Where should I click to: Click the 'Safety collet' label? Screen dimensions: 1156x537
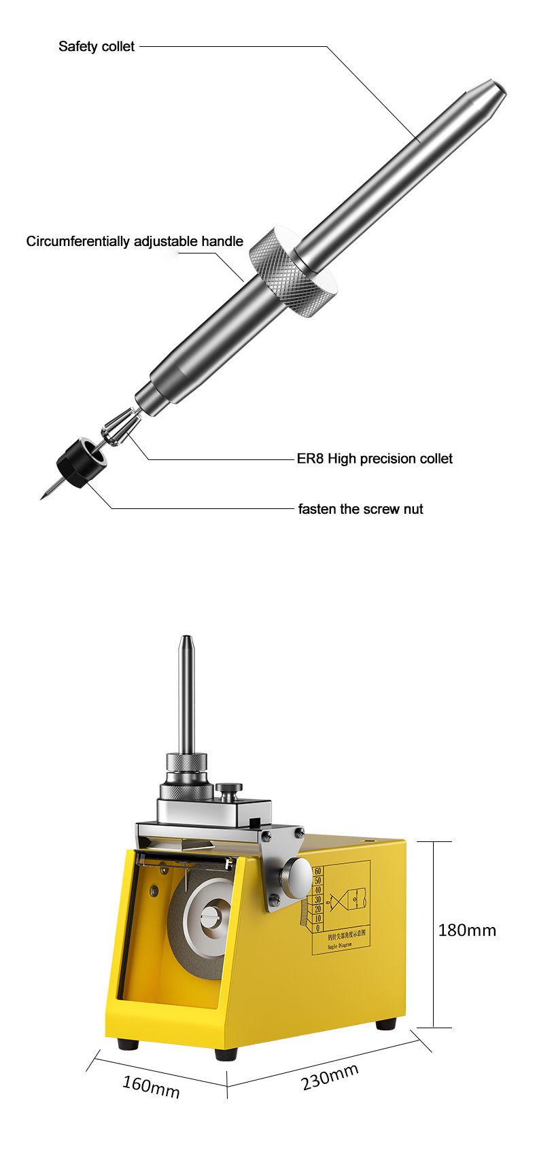click(97, 47)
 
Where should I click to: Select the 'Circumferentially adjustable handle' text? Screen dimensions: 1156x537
click(135, 241)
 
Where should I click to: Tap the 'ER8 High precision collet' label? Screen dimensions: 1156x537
click(375, 459)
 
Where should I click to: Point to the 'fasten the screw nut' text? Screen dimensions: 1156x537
click(360, 509)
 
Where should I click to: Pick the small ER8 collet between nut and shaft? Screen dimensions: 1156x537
click(119, 427)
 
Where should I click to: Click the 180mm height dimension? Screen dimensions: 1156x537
click(467, 930)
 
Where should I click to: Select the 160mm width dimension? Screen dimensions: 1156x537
click(151, 1086)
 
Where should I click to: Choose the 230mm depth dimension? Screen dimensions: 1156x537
click(330, 1077)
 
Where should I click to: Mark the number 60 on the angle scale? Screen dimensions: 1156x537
click(317, 871)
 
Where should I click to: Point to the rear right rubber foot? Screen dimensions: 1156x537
click(387, 1023)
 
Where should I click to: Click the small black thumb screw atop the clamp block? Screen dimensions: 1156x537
click(229, 792)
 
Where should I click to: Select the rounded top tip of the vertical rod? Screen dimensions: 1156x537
click(186, 640)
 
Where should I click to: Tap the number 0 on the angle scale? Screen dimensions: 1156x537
click(317, 928)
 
